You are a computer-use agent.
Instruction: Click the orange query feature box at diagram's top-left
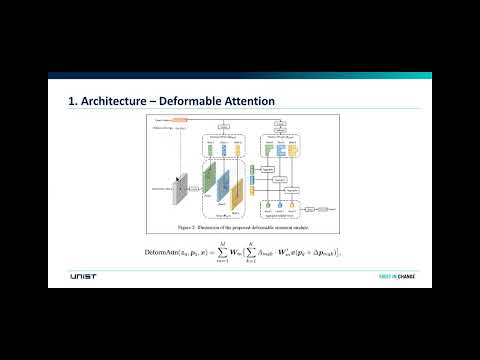(181, 119)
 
